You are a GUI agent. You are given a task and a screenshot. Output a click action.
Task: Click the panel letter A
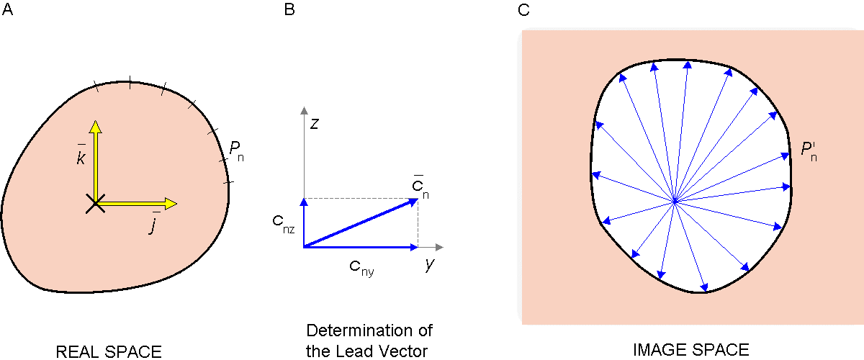pyautogui.click(x=7, y=9)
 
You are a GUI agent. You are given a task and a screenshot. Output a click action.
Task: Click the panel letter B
pyautogui.click(x=289, y=9)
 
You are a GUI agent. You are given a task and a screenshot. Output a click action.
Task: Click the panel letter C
pyautogui.click(x=523, y=9)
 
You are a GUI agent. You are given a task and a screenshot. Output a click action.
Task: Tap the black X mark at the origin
pyautogui.click(x=94, y=204)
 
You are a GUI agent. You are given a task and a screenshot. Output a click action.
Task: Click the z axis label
pyautogui.click(x=315, y=123)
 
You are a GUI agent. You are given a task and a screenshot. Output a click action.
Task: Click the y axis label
pyautogui.click(x=429, y=264)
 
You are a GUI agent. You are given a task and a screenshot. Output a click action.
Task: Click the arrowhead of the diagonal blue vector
pyautogui.click(x=416, y=199)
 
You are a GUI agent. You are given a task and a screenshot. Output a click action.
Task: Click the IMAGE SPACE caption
pyautogui.click(x=690, y=350)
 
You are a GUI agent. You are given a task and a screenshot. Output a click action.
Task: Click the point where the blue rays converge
pyautogui.click(x=675, y=202)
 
